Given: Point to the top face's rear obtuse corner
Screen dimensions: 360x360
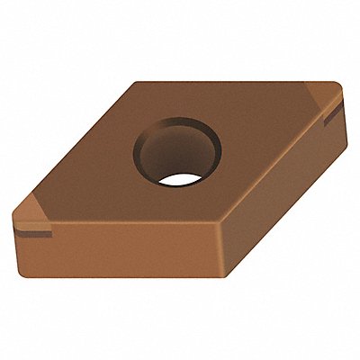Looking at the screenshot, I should point(136,83).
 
